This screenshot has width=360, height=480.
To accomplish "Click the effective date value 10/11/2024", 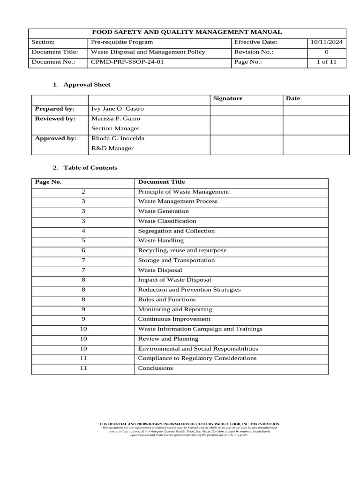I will pos(327,42).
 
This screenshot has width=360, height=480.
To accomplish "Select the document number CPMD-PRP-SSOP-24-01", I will pos(127,62).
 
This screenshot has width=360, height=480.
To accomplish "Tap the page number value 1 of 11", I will pos(327,62).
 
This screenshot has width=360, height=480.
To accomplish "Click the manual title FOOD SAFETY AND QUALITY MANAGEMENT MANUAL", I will pos(187,32).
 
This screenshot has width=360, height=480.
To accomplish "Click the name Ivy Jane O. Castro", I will pos(118,109).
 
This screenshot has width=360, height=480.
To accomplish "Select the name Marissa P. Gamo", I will pos(116,119).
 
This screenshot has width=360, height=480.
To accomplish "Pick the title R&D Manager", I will pos(112,148).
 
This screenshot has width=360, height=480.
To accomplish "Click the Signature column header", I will pos(228,98).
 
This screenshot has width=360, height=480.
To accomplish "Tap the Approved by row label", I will pos(55,138).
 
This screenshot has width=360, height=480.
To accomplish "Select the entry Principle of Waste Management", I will pos(183,192).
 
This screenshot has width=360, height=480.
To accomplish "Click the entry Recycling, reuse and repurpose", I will pos(182,250).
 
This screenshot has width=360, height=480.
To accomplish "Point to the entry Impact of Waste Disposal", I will pos(174,280).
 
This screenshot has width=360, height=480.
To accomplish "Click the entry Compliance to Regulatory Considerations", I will pos(197,358).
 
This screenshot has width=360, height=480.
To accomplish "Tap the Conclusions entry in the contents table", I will pos(155,368).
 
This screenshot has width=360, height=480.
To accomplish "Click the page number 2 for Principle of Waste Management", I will pos(83,192).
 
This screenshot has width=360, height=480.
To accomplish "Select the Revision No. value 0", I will pos(327,52).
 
